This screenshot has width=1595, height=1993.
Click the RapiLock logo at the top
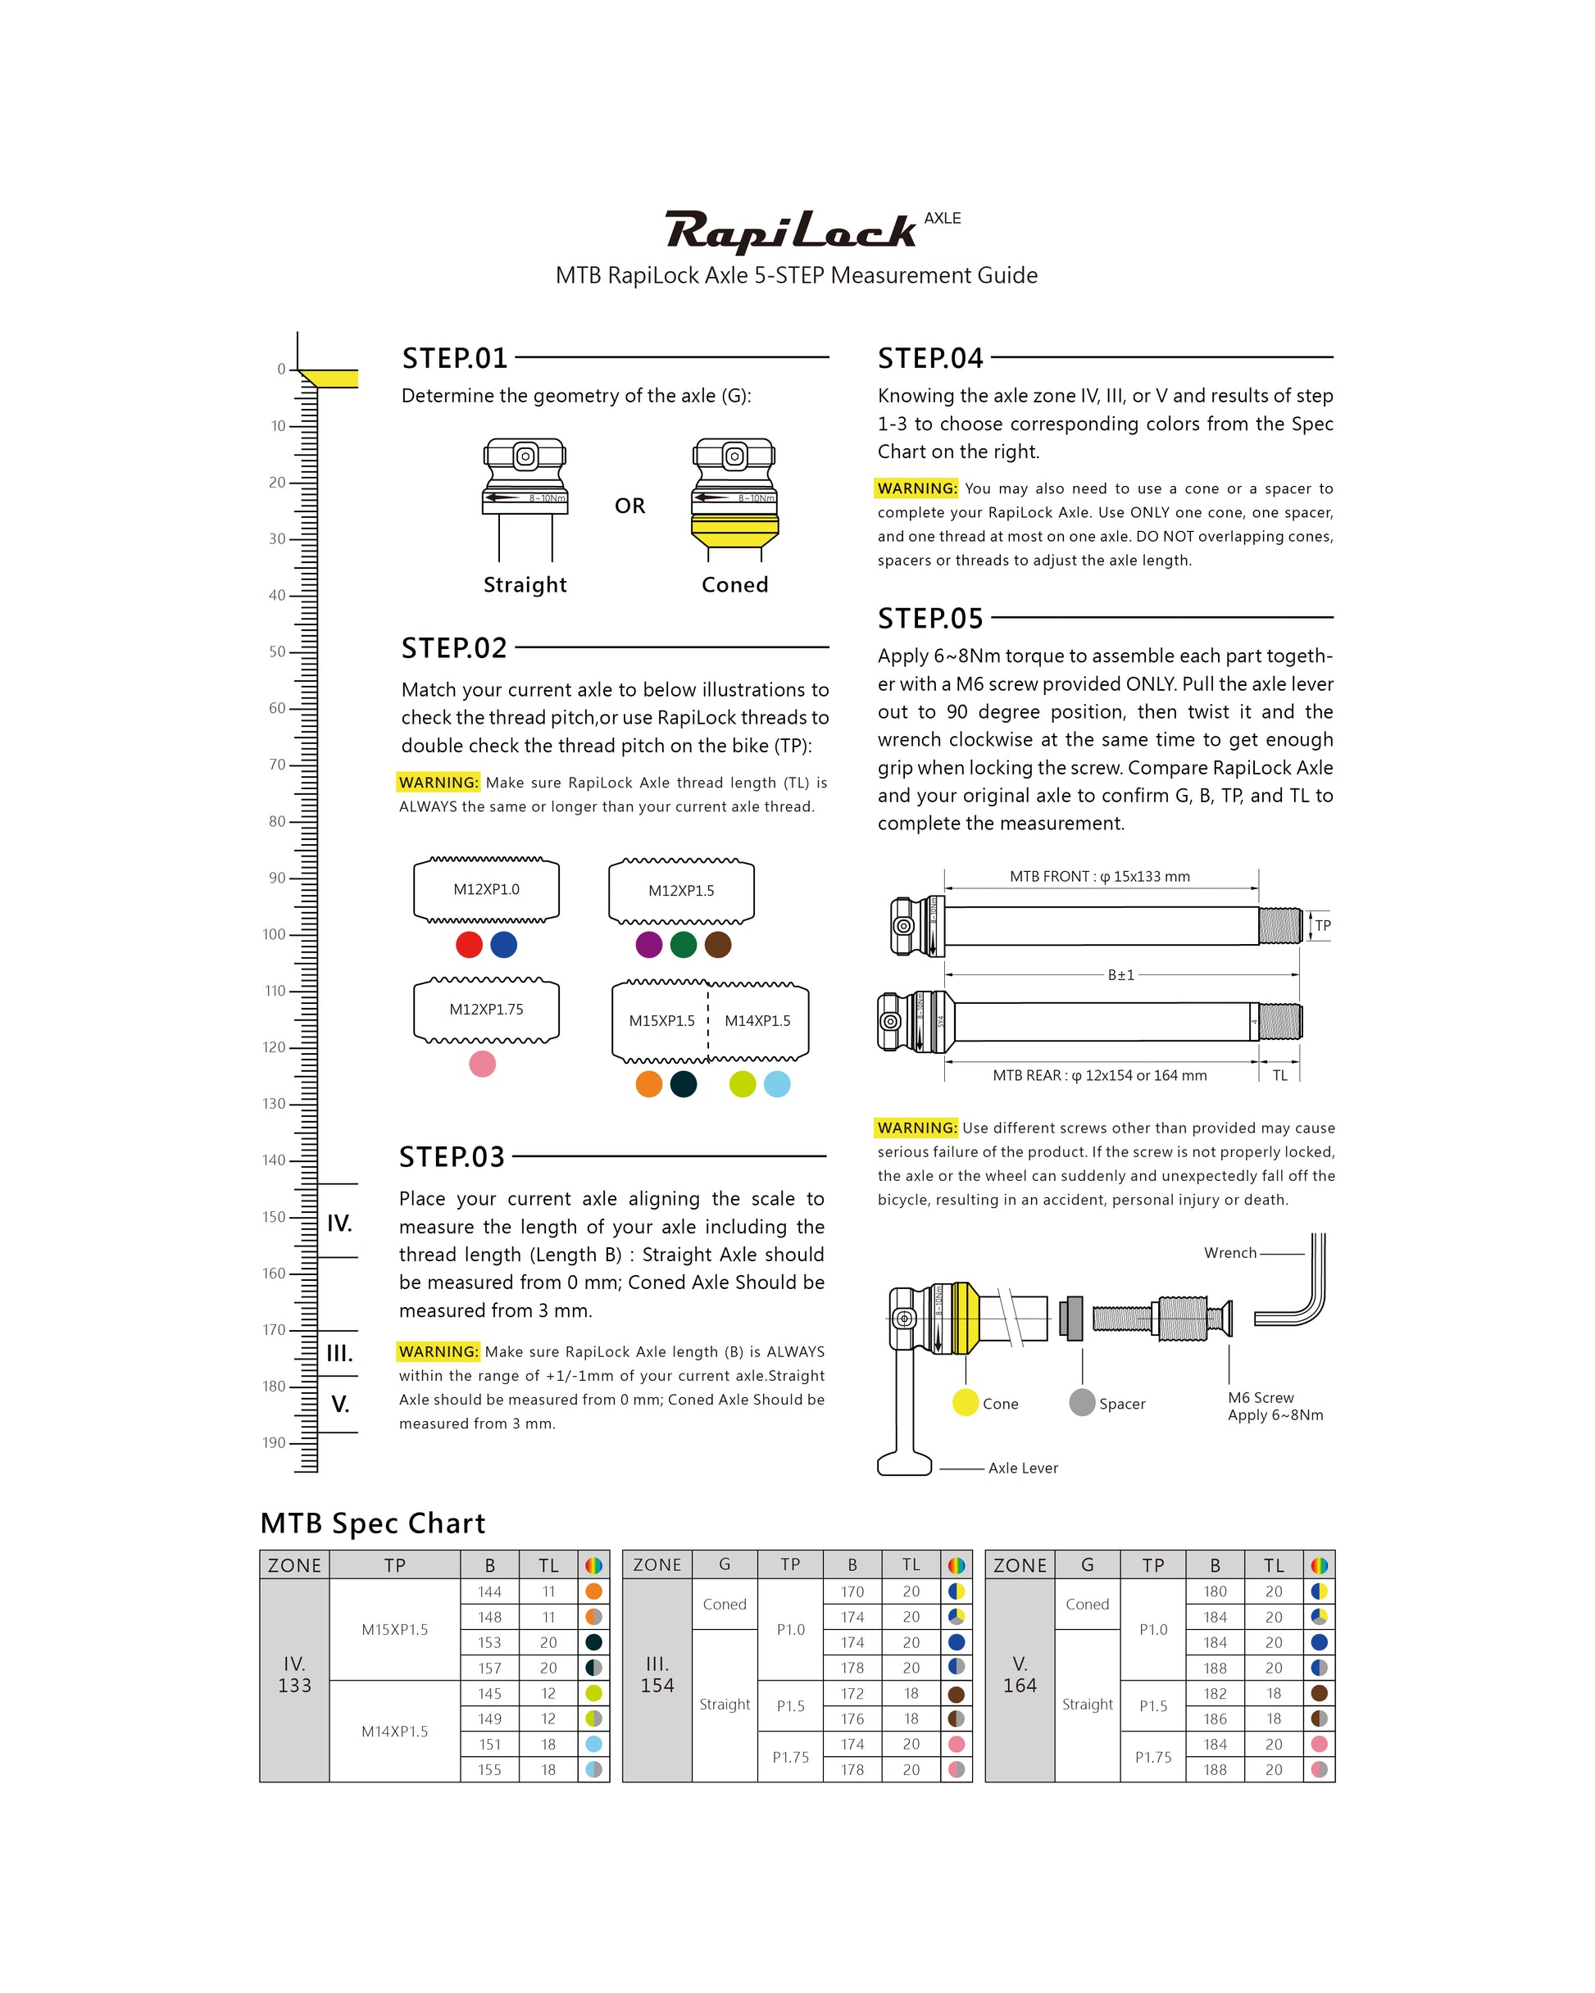click(x=792, y=231)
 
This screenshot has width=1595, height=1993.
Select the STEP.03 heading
click(x=452, y=1156)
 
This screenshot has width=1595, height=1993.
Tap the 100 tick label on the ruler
click(x=274, y=934)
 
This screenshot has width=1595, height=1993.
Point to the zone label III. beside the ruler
click(x=339, y=1353)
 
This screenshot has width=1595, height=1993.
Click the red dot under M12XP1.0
click(x=469, y=945)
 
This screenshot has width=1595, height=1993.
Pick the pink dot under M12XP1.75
click(x=483, y=1064)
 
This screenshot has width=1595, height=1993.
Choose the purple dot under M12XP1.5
click(x=649, y=945)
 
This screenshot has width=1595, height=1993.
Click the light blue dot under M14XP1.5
click(x=777, y=1084)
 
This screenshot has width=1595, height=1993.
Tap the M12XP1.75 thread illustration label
click(x=486, y=1010)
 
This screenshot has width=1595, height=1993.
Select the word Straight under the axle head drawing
click(x=525, y=585)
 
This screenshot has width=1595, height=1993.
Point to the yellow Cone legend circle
click(x=966, y=1402)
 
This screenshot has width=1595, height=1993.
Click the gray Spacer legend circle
click(x=1082, y=1402)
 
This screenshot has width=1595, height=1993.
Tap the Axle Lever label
click(x=1023, y=1468)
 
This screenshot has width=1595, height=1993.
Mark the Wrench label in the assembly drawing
click(x=1229, y=1252)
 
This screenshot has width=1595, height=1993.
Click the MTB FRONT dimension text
click(x=1099, y=876)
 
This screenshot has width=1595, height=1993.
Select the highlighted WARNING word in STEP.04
click(x=916, y=488)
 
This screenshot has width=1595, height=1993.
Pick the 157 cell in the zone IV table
click(x=490, y=1668)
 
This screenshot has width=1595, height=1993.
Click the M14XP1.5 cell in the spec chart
click(x=395, y=1732)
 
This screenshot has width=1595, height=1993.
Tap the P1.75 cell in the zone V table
click(x=1153, y=1757)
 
